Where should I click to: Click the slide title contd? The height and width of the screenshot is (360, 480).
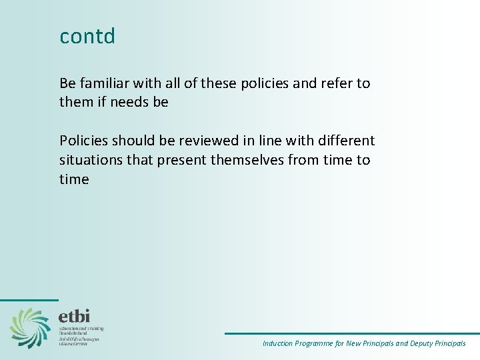coord(87,36)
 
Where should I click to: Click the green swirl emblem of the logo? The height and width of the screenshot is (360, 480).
coord(30,327)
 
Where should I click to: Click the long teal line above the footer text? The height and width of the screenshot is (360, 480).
coord(351,333)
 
